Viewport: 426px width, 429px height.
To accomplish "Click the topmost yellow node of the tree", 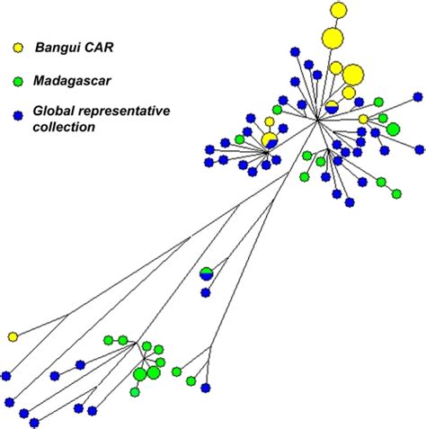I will point(339,11).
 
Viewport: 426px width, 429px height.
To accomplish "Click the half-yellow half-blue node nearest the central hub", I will point(332,107).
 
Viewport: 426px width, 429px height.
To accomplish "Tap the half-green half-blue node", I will point(207,273).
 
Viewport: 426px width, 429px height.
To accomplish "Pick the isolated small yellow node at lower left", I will point(13,336).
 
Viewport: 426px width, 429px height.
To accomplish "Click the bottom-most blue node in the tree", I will point(34,422).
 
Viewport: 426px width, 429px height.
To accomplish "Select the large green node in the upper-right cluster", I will point(393,130).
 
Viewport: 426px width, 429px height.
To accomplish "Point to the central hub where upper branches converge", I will point(316,122).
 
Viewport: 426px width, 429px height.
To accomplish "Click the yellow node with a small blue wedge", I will point(269,139).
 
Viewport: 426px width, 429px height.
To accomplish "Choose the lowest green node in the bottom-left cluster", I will point(135,391).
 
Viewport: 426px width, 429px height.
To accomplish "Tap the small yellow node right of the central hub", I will point(363,119).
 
